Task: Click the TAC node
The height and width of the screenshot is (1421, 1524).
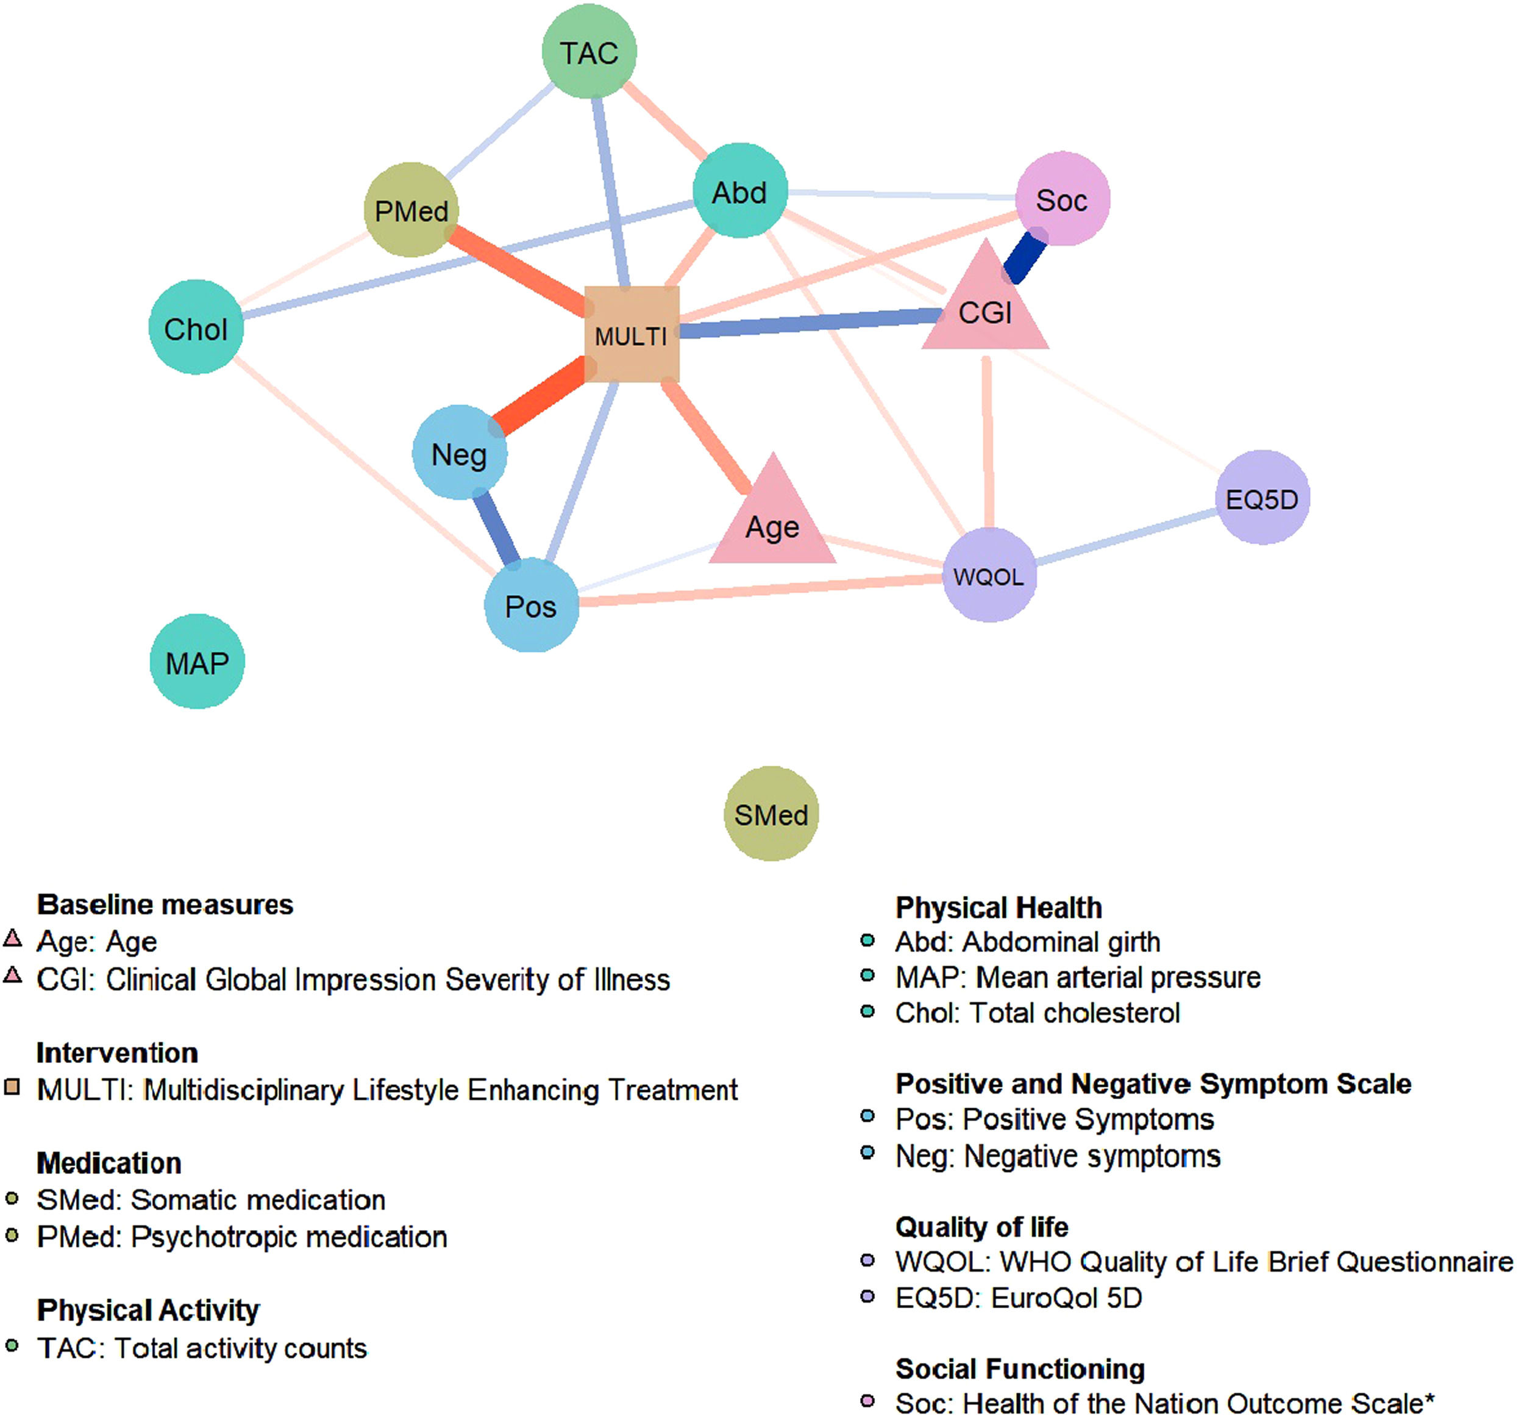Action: tap(589, 52)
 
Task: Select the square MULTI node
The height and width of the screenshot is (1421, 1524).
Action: tap(632, 334)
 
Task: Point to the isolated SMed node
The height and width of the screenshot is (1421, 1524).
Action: tap(771, 814)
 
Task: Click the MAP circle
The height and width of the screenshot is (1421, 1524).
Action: tap(197, 662)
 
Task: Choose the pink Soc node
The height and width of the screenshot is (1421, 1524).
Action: tap(1063, 199)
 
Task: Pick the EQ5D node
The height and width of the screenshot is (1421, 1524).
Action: tap(1262, 498)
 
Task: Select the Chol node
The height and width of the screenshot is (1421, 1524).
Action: tap(196, 328)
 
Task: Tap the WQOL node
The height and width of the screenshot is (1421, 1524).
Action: tap(989, 576)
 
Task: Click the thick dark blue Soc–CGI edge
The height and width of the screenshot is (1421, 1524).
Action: tap(1027, 257)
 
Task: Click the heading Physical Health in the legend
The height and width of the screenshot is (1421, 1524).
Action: tap(998, 908)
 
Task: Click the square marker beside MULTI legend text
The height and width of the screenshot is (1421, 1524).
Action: tap(12, 1087)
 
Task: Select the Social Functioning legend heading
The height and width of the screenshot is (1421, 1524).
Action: tap(1020, 1369)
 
